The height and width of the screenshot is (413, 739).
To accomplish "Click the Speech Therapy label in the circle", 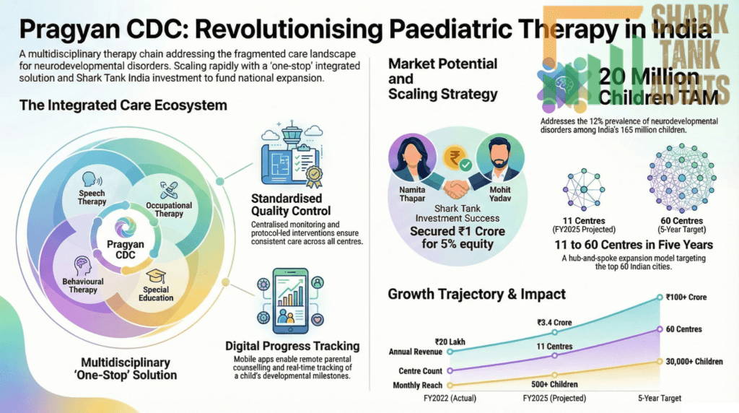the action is pyautogui.click(x=92, y=197).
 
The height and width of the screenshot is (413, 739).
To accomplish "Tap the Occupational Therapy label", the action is pyautogui.click(x=169, y=209).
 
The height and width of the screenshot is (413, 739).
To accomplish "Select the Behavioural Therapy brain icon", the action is pyautogui.click(x=82, y=266).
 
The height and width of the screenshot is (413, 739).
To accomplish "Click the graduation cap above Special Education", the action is pyautogui.click(x=156, y=276).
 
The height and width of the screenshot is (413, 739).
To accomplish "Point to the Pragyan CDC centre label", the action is pyautogui.click(x=126, y=249).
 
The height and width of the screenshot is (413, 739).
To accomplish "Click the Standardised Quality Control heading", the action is pyautogui.click(x=291, y=204).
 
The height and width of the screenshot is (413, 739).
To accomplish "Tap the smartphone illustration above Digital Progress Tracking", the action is pyautogui.click(x=290, y=301).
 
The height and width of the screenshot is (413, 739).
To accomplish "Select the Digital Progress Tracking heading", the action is pyautogui.click(x=292, y=346).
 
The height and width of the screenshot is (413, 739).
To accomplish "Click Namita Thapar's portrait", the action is pyautogui.click(x=412, y=158).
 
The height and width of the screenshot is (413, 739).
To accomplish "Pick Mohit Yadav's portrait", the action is pyautogui.click(x=499, y=158).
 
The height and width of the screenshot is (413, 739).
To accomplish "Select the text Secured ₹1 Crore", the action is pyautogui.click(x=457, y=232).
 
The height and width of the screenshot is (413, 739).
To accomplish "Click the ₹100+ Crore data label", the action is pyautogui.click(x=686, y=297).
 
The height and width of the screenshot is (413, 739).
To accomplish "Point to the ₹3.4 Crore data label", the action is pyautogui.click(x=554, y=323).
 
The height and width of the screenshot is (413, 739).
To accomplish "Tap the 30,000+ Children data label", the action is pyautogui.click(x=694, y=362).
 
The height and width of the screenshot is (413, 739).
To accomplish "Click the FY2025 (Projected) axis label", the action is pyautogui.click(x=555, y=399).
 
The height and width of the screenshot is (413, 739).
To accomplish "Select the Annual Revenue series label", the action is pyautogui.click(x=415, y=352).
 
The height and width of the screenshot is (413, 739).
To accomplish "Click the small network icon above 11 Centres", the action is pyautogui.click(x=584, y=189).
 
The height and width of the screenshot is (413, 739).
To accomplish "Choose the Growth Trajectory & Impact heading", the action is pyautogui.click(x=476, y=294).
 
